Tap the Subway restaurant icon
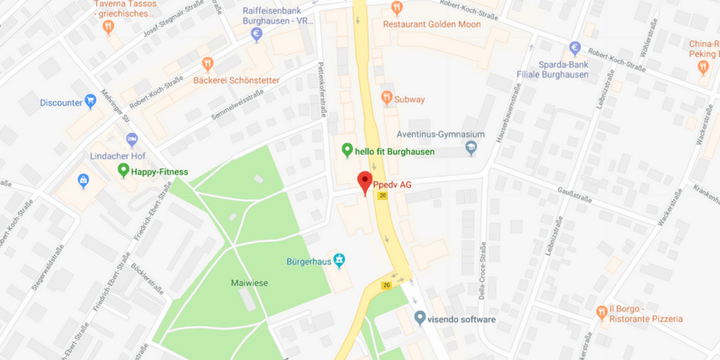[x=387, y=98]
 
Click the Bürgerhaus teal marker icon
[x=340, y=261]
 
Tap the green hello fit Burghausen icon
[x=347, y=151]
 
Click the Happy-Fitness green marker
[x=123, y=171]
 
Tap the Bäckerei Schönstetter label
[x=236, y=79]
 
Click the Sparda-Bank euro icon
[x=575, y=48]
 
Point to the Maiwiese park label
[x=250, y=283]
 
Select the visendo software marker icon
[x=420, y=318]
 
